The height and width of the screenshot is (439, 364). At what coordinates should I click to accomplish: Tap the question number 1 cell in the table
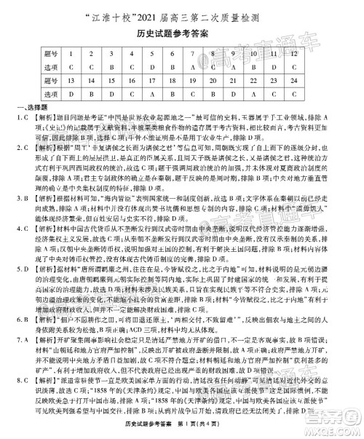[x=71, y=54]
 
